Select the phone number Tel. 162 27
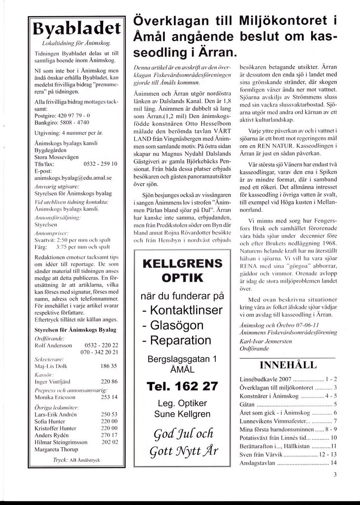tap(182, 387)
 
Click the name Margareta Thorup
tap(57, 449)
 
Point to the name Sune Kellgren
tap(182, 414)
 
